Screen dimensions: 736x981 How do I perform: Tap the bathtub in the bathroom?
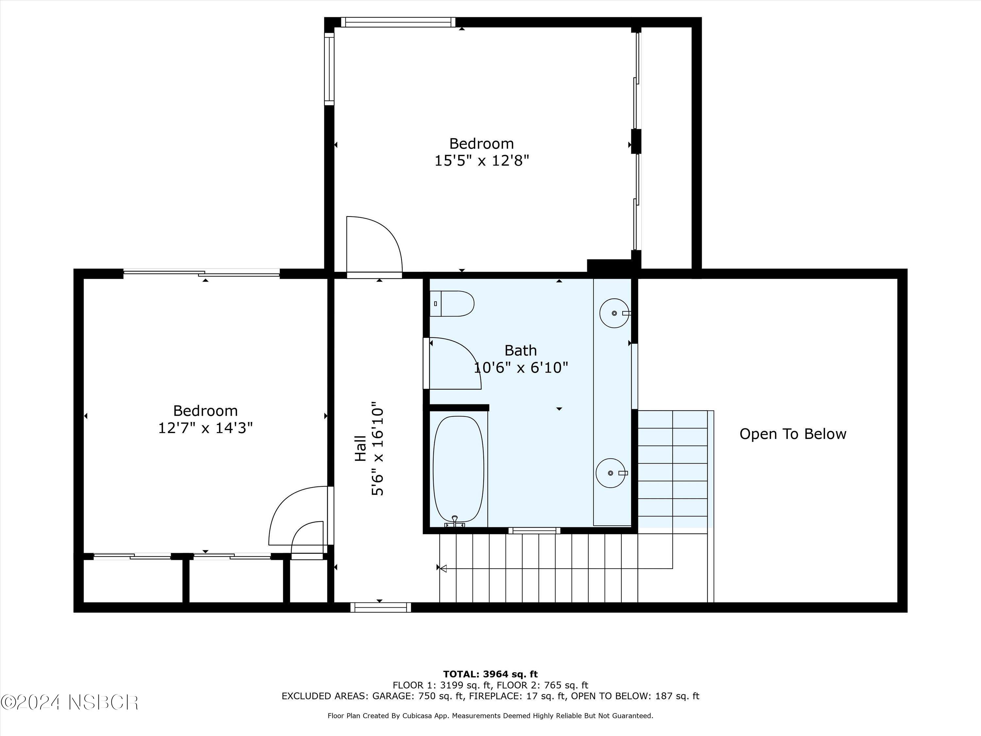pyautogui.click(x=458, y=469)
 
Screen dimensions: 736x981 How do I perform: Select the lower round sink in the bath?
pyautogui.click(x=611, y=473)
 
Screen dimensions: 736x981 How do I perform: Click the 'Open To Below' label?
pyautogui.click(x=793, y=434)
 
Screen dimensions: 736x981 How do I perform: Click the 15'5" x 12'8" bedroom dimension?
pyautogui.click(x=481, y=161)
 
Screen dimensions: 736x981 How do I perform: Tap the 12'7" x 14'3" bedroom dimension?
pyautogui.click(x=205, y=428)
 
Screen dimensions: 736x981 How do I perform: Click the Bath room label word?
pyautogui.click(x=520, y=350)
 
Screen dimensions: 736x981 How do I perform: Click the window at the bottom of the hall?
pyautogui.click(x=381, y=607)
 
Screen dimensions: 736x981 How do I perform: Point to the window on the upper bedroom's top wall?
pyautogui.click(x=398, y=22)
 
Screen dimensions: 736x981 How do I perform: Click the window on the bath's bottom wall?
pyautogui.click(x=534, y=531)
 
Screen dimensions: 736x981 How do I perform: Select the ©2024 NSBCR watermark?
pyautogui.click(x=70, y=702)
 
